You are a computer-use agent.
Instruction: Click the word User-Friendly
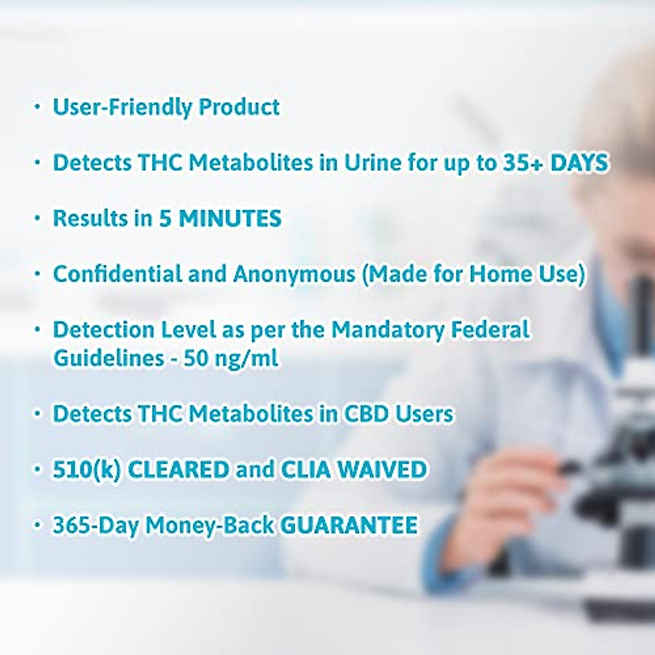point(122,108)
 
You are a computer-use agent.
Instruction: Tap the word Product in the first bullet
point(239,107)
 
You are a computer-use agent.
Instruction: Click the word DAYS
point(579,163)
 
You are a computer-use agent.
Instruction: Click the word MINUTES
point(230,218)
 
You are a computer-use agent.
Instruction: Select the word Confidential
point(117,273)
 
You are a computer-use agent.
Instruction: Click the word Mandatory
point(388,330)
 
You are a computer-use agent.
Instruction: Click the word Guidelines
point(109,358)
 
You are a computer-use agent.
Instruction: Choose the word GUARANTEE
point(349,525)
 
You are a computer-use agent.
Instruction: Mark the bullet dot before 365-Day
point(37,525)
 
